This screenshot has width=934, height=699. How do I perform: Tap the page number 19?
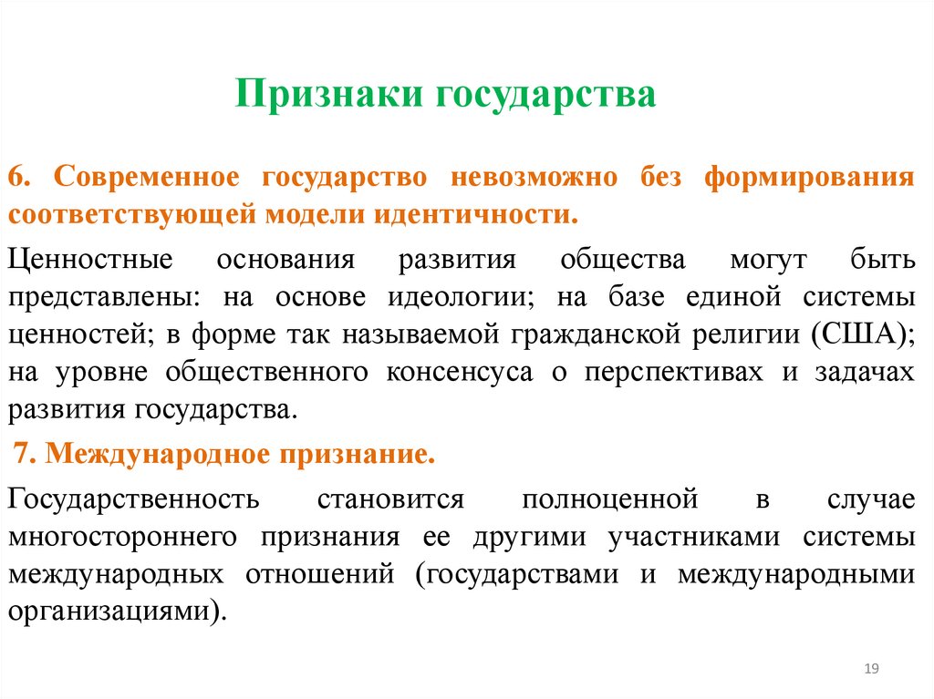click(870, 670)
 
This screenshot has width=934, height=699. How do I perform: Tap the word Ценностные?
click(90, 260)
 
